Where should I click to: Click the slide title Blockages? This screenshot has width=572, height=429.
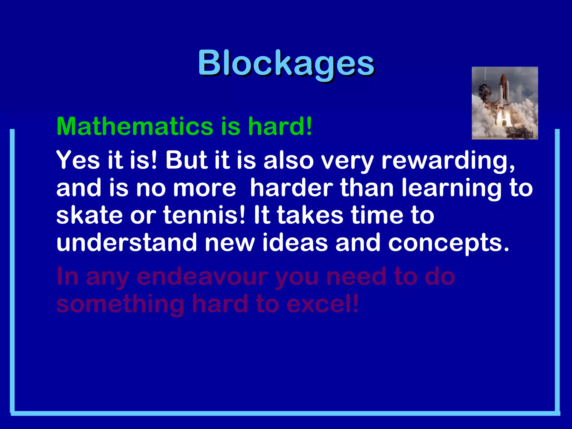coord(286,63)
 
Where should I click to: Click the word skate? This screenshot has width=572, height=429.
coord(89,215)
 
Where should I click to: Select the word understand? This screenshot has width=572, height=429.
coord(127,242)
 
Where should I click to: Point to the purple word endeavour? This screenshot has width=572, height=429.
coord(202,277)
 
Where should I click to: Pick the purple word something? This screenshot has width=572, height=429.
coord(120,304)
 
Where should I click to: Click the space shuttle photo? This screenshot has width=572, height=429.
coord(505,103)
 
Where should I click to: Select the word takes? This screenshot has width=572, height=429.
coord(310,215)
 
